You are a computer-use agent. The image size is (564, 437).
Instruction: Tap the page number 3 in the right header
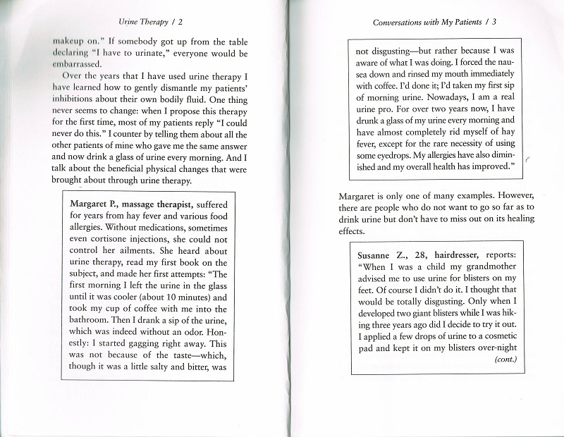click(x=495, y=22)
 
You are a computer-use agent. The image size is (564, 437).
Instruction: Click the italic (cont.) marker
click(x=505, y=359)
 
